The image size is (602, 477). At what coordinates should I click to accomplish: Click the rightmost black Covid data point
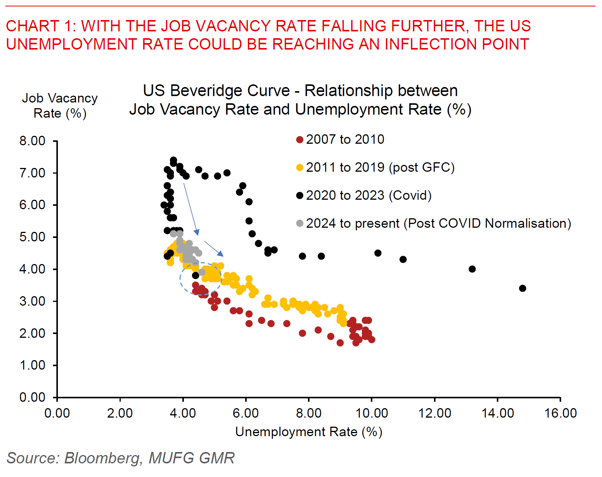pos(523,288)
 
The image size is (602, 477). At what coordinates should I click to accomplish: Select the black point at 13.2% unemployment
pos(472,269)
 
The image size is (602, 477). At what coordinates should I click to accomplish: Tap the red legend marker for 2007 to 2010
pos(300,140)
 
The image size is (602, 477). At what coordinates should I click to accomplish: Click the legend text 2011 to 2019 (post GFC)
pos(380,167)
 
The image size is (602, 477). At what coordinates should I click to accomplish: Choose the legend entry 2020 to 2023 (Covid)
pos(369,195)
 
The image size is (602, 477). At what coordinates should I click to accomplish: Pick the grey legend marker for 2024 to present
pos(300,224)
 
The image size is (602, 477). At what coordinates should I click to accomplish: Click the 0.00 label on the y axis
pos(33,397)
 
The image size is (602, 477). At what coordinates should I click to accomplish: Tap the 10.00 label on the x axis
pos(372,413)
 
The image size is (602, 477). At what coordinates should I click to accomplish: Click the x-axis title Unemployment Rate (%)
pos(308,432)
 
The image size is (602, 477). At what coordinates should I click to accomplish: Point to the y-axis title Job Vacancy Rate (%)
pos(60,106)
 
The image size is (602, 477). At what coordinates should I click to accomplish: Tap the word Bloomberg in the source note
pos(102,458)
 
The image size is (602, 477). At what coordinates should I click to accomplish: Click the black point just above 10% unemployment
pos(378,253)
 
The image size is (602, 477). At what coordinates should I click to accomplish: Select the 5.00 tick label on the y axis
pos(33,237)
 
